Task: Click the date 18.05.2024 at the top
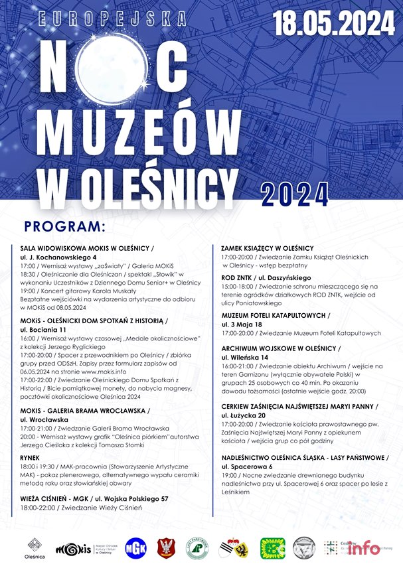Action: (334, 24)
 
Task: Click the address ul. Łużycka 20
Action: (246, 415)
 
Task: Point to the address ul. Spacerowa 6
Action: (250, 467)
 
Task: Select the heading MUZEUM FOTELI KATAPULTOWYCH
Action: (275, 315)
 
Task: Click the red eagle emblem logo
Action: (166, 547)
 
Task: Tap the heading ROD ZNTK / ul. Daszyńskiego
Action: (266, 277)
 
